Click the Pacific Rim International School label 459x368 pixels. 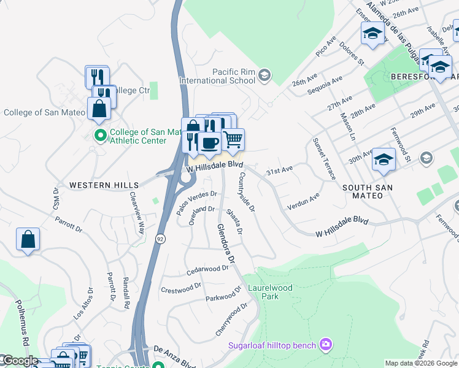pos(217,76)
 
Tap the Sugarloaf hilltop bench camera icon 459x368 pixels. pos(326,345)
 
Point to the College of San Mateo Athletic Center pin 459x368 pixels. pos(99,134)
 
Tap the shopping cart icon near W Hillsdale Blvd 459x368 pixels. pos(233,140)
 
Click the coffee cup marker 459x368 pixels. pos(209,143)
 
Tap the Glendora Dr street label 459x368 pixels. pos(226,243)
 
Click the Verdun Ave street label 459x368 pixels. pos(303,202)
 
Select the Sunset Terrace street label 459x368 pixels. pos(324,159)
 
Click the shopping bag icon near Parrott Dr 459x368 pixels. pos(28,239)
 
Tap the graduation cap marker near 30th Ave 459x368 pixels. pos(384,161)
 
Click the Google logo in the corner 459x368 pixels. pos(20,361)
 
